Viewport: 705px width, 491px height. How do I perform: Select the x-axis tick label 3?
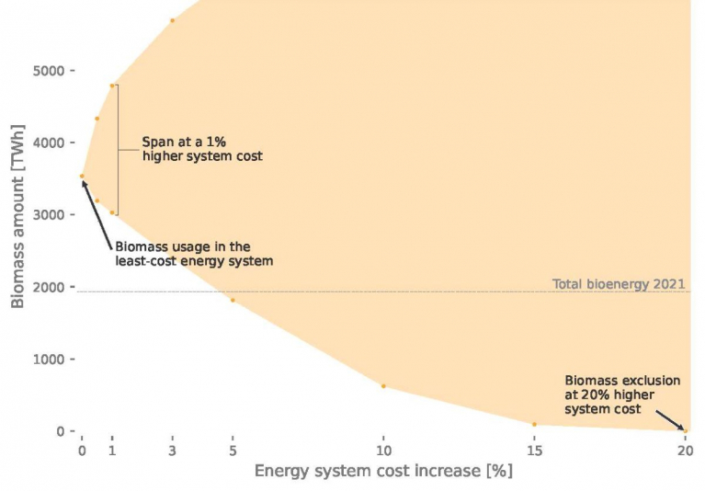click(172, 451)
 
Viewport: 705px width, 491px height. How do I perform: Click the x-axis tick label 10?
click(383, 451)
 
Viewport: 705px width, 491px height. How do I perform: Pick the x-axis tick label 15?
click(534, 451)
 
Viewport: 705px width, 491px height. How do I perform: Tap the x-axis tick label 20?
click(684, 451)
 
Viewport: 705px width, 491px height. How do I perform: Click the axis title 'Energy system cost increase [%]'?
click(383, 472)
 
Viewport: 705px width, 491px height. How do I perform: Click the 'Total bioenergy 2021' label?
click(619, 284)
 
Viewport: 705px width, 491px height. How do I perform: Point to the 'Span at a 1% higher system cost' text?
click(201, 149)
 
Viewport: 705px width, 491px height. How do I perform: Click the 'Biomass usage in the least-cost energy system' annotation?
click(194, 254)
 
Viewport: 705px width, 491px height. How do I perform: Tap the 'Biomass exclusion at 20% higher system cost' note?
click(622, 394)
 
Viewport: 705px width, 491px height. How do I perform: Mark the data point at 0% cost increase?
click(82, 176)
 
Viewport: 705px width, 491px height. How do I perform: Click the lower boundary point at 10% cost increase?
click(383, 386)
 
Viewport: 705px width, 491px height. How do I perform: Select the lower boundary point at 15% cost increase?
click(534, 424)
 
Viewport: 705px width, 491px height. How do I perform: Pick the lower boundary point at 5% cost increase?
click(233, 300)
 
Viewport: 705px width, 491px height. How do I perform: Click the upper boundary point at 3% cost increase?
click(172, 20)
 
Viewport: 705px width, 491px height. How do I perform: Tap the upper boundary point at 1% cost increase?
click(112, 86)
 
